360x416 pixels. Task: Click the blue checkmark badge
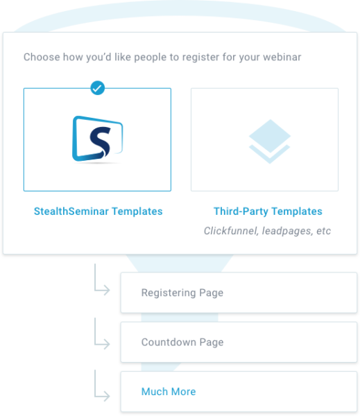(97, 88)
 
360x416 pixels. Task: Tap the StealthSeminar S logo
(97, 139)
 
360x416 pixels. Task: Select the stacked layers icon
(270, 141)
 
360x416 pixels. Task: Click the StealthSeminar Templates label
(98, 211)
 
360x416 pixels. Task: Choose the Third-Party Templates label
(268, 211)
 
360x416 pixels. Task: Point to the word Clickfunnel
(231, 231)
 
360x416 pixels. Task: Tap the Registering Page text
(182, 293)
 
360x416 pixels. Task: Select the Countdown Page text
(182, 343)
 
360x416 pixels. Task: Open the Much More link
(169, 392)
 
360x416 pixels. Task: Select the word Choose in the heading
(42, 57)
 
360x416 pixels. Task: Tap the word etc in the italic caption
(324, 231)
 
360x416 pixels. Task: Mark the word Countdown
(169, 343)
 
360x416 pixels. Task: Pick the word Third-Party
(241, 211)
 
